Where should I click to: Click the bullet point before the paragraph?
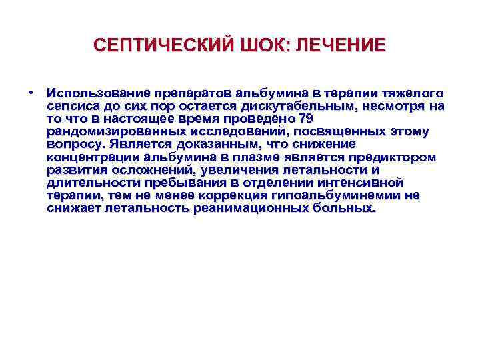coord(32,92)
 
